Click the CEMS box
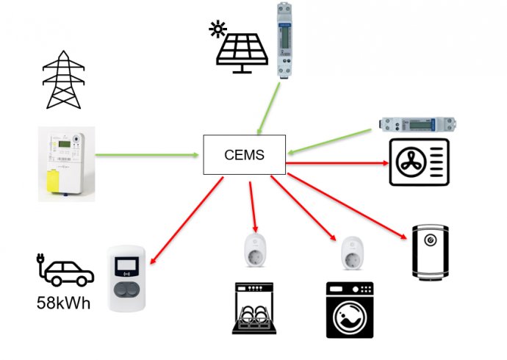coord(244,155)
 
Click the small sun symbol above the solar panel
coord(217,30)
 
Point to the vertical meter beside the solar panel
coord(285,40)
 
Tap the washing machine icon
coord(349,310)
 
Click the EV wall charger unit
coord(129,278)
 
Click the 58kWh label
coord(63,302)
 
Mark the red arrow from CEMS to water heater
coord(345,206)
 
